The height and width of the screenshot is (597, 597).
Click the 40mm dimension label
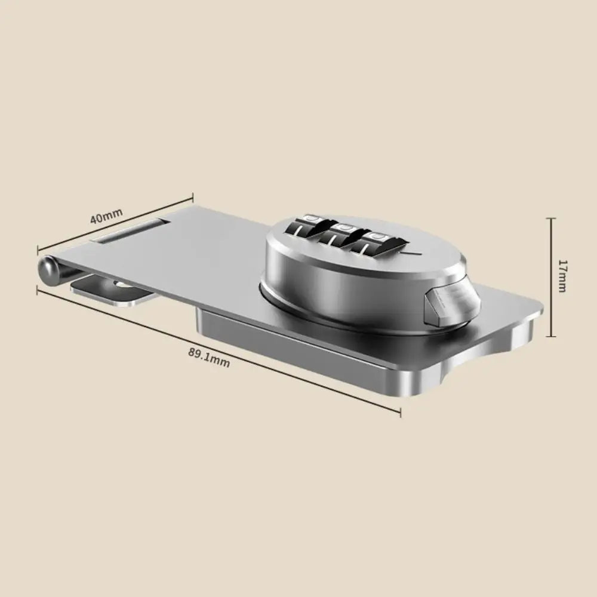tap(106, 216)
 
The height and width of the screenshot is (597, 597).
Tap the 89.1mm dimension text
tap(209, 356)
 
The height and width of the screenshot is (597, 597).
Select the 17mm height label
tap(562, 276)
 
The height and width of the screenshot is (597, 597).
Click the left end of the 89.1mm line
tap(38, 289)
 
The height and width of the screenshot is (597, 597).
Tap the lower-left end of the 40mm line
tap(38, 250)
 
